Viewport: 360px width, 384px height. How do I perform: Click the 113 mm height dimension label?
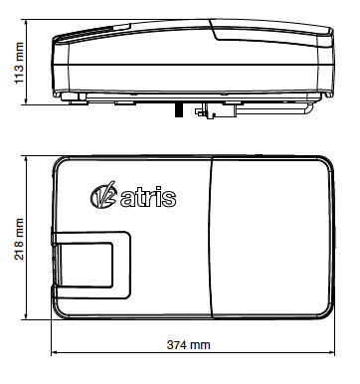[20, 63]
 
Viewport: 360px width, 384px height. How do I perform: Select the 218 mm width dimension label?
[19, 239]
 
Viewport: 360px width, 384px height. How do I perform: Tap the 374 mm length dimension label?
[188, 345]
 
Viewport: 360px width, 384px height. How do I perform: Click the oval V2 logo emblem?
[103, 196]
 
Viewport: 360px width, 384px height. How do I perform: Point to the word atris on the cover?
[148, 198]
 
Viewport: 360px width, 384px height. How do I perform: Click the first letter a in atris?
[126, 200]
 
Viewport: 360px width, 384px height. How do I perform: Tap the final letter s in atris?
[169, 200]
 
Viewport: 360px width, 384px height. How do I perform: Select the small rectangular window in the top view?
[87, 265]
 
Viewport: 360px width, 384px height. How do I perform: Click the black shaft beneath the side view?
[179, 109]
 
